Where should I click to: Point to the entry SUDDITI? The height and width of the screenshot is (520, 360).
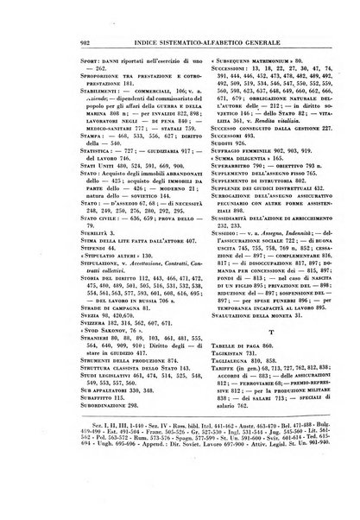pos(205,143)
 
